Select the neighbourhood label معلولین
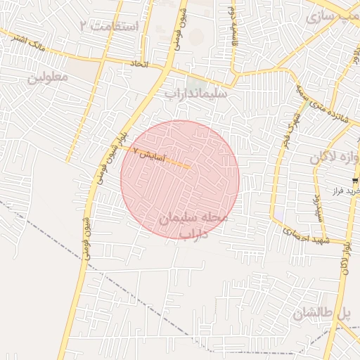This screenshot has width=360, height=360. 48,76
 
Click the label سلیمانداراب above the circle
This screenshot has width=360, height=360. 196,91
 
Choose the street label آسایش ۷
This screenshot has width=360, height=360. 148,153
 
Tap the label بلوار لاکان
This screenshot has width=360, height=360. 345,257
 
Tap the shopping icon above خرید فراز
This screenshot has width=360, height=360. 354,181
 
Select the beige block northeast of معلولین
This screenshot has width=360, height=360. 84,71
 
